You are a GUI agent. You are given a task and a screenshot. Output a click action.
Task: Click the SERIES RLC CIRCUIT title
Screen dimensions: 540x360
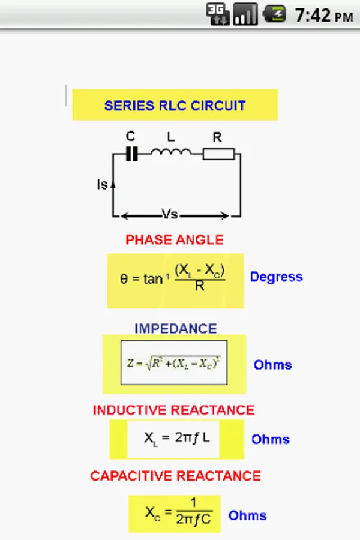coord(175,106)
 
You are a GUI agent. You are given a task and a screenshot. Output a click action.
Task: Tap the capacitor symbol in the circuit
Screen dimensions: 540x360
coord(131,154)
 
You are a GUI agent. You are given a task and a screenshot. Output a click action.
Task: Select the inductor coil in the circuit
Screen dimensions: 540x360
coord(171,152)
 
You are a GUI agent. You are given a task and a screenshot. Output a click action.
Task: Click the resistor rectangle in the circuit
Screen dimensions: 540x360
coord(218,154)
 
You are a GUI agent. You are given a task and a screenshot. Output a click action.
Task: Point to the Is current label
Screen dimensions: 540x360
coord(102,185)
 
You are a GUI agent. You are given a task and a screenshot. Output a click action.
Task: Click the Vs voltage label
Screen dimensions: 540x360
coord(170,214)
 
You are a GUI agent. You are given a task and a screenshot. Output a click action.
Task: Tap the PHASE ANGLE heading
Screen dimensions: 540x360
coord(175,240)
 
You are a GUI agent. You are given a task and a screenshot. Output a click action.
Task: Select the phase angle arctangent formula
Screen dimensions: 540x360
coord(175,280)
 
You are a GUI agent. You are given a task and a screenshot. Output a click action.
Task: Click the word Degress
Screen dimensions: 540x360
coord(276,277)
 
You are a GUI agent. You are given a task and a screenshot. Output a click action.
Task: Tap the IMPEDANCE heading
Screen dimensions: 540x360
coord(175,328)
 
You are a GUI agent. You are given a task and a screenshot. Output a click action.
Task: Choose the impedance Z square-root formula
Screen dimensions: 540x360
coord(174,362)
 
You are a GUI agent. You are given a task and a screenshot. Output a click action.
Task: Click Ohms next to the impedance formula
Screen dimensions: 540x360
coord(272,365)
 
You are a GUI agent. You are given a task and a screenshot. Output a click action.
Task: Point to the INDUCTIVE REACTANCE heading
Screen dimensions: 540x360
coord(174,410)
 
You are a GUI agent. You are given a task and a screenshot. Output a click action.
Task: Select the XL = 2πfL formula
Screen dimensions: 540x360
coord(177,438)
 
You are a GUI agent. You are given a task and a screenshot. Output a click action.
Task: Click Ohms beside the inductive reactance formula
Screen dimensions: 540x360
coord(270,439)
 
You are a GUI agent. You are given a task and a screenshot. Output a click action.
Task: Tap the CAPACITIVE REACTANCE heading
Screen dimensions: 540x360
coord(175,476)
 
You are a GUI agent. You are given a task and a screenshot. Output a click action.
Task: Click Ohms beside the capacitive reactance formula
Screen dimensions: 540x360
coord(247,515)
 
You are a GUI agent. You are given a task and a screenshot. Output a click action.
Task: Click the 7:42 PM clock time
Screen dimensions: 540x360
coord(323,15)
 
